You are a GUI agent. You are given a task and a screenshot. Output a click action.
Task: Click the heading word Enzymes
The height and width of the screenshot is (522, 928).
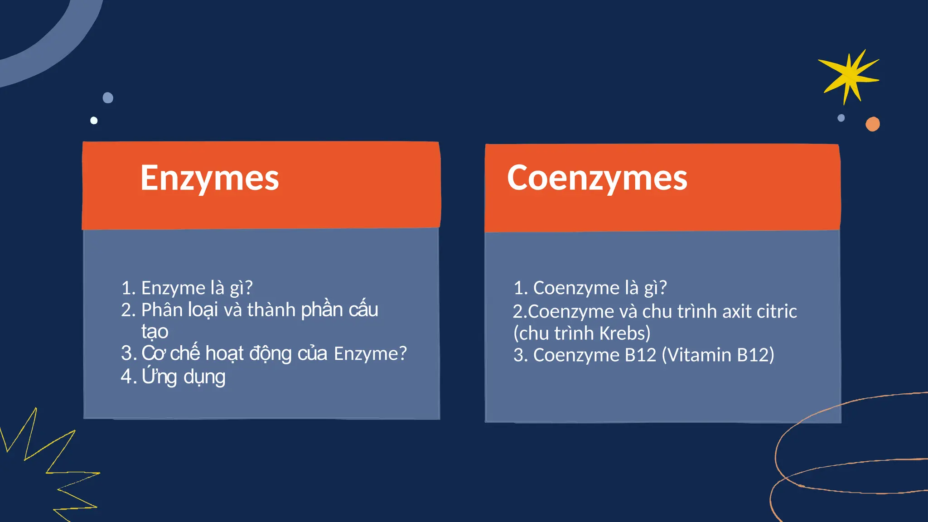209,179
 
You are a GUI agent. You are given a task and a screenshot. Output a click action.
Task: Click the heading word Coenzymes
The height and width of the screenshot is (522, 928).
597,179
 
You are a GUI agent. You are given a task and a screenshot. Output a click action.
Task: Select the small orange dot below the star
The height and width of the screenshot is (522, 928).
872,124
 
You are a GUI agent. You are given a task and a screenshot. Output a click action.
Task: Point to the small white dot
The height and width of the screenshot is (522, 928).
94,121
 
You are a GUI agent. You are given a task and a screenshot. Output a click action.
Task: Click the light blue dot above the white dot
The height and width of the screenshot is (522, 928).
108,98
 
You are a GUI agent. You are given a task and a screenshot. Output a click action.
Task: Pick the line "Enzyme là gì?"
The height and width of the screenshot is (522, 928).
196,288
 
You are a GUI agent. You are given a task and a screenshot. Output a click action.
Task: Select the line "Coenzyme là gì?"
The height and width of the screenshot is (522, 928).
599,288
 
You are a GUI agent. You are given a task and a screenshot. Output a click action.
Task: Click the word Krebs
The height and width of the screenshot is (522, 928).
624,333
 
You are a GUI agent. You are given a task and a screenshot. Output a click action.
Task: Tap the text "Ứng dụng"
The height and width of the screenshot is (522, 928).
183,377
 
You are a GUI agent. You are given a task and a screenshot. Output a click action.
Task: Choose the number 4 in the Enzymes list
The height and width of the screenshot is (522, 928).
126,377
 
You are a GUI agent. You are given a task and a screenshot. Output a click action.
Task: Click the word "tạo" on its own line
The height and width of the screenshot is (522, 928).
155,332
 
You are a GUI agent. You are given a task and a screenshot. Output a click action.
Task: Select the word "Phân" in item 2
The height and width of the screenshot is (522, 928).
161,310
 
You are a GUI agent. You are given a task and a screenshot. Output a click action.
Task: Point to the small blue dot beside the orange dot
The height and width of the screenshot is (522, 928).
841,118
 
